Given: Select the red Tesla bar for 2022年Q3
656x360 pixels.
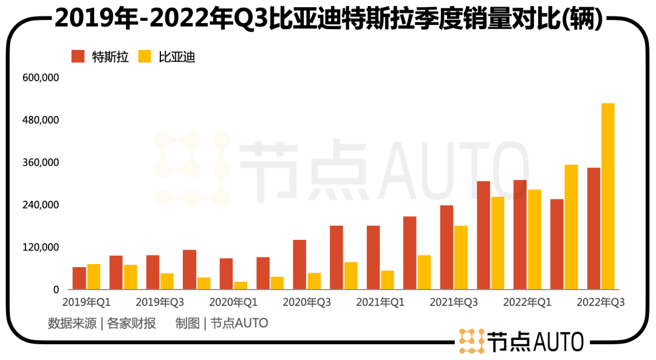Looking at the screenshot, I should pos(593,228).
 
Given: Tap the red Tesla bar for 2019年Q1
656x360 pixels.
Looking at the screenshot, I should pos(79,278).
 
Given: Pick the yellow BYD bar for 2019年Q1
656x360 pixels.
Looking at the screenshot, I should pos(94,277).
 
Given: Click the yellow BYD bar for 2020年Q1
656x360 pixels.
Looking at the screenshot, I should pos(241,285).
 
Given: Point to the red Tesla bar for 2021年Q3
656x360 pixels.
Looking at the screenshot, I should pos(446,247).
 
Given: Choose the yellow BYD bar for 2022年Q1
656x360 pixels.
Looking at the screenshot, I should pos(535,239).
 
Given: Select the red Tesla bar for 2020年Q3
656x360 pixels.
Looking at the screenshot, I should pos(299,265).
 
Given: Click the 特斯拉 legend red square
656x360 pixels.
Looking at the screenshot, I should pos(78,56).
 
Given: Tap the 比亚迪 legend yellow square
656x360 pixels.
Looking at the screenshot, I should pos(145,56).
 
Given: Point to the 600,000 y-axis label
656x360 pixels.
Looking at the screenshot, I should pos(41,78).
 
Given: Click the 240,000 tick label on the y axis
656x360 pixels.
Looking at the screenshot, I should pos(41,205).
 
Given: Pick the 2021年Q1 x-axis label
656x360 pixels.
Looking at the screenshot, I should pos(380,302).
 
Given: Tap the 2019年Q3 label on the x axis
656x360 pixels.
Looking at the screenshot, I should pos(160,302).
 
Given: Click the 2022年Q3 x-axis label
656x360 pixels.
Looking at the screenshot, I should pos(600,302).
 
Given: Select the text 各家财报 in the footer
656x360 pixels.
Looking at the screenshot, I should pos(131,323).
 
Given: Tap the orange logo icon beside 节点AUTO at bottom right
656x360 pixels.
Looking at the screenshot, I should pos(471,341).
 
